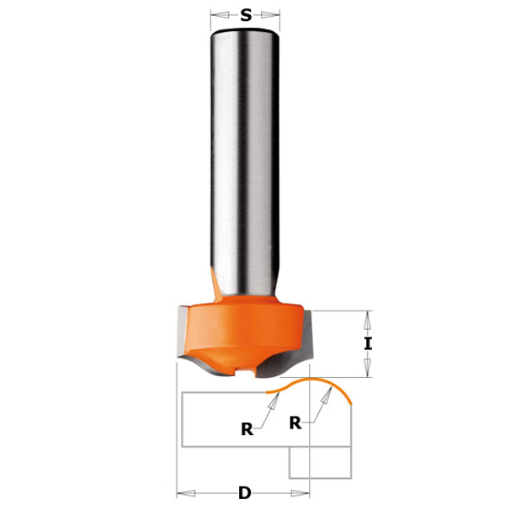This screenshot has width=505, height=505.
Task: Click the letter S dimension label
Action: (x=246, y=15)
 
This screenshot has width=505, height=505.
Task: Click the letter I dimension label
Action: (x=368, y=343)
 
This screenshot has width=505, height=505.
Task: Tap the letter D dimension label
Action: (x=245, y=493)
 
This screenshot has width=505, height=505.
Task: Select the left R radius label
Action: (x=247, y=429)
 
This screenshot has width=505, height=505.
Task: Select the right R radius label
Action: (x=295, y=423)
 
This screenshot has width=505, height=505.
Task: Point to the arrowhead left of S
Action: (x=220, y=15)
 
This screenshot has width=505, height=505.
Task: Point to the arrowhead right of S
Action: (x=270, y=15)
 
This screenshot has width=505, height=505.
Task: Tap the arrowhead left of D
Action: (x=186, y=493)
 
